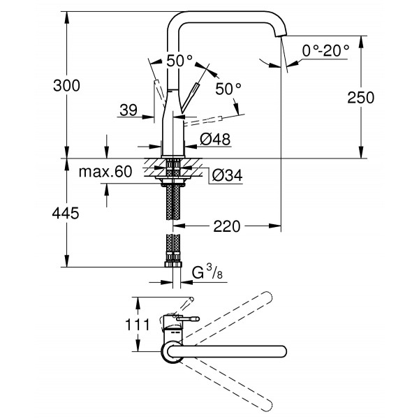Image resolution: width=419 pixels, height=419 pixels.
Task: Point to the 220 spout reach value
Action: (x=228, y=226)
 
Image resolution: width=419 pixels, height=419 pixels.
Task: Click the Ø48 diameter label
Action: (x=215, y=140)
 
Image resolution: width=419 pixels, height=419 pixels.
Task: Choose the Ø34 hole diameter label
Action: (x=226, y=175)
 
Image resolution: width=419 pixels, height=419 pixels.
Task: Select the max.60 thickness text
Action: (x=105, y=172)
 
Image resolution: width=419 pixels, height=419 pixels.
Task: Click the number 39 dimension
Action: (x=128, y=110)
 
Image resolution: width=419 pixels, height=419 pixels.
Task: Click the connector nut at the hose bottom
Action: (x=172, y=265)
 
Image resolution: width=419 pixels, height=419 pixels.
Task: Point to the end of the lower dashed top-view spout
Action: (x=265, y=403)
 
